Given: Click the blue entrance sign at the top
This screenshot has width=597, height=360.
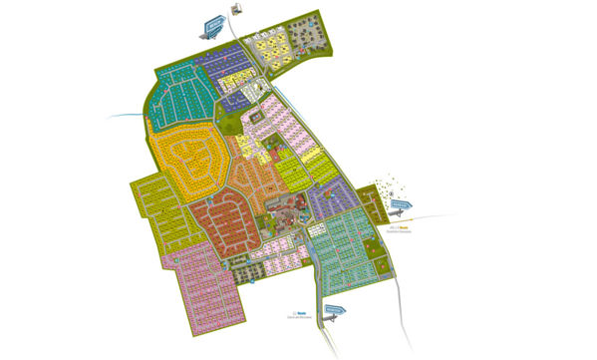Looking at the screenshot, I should click(214, 24).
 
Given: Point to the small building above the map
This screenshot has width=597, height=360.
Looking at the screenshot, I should click(236, 8).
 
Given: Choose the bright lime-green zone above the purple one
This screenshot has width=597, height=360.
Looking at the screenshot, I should click(299, 165).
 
